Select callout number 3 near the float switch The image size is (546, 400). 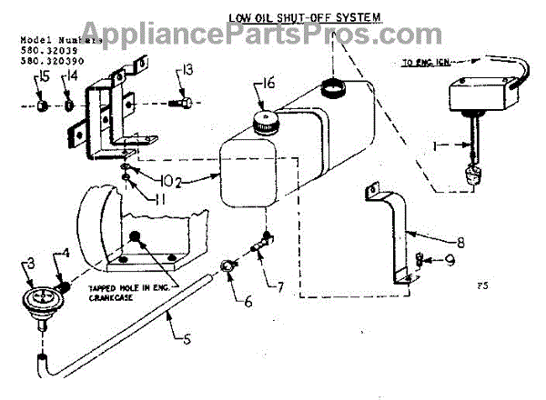[x=29, y=264]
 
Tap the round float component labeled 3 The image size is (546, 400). [x=39, y=298]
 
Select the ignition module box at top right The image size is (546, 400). [x=479, y=95]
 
